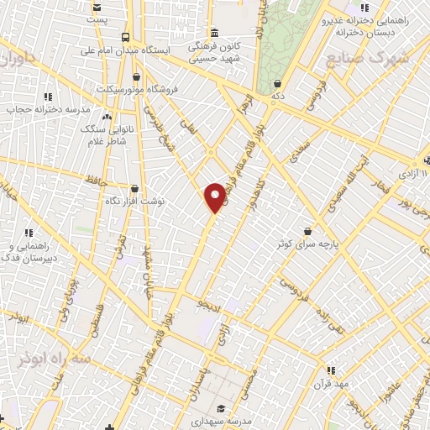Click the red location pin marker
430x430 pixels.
point(215,197)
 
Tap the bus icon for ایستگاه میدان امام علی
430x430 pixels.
point(125,37)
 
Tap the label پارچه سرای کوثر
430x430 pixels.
point(312,244)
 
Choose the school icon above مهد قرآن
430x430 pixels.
point(330,370)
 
